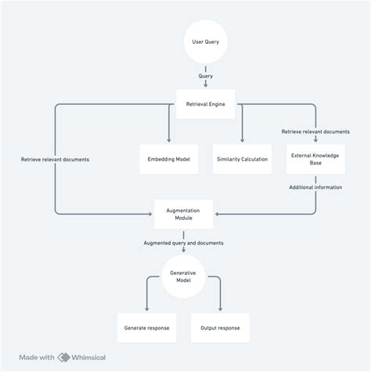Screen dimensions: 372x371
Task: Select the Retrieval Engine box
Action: click(x=206, y=103)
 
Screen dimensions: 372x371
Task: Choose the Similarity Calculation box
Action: click(x=242, y=159)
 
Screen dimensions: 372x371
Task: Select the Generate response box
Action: click(x=146, y=327)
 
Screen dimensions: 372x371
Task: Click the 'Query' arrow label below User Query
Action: click(x=206, y=76)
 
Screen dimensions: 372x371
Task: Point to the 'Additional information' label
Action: click(x=315, y=186)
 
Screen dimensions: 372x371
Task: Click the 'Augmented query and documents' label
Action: click(x=182, y=244)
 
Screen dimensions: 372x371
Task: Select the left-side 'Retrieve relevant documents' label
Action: click(x=55, y=159)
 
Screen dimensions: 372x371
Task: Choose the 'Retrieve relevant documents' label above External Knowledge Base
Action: click(x=315, y=132)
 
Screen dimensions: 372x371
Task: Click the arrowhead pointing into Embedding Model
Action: click(x=168, y=140)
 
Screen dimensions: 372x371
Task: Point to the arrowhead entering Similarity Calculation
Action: click(x=242, y=140)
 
